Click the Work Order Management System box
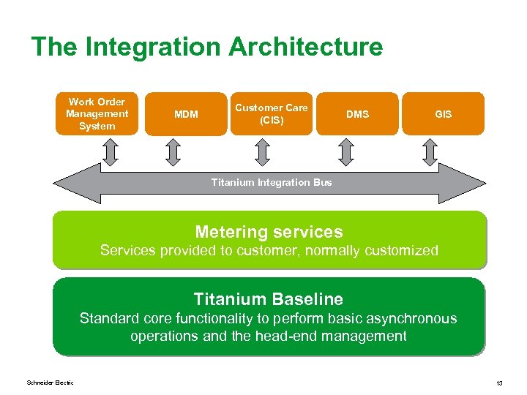coord(97,114)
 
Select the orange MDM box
coord(186,114)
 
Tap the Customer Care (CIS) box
coord(271,114)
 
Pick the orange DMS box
coord(357,114)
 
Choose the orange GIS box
coord(443,114)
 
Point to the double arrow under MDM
coord(173,151)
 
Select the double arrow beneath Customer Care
coord(261,151)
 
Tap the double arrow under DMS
coord(346,151)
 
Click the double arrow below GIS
coord(431,151)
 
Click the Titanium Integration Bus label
coord(271,182)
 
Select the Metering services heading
coord(269,232)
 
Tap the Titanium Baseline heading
coord(268,298)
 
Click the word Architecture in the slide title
coord(305,47)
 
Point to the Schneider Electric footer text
coord(50,383)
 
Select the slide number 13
coord(498,383)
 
